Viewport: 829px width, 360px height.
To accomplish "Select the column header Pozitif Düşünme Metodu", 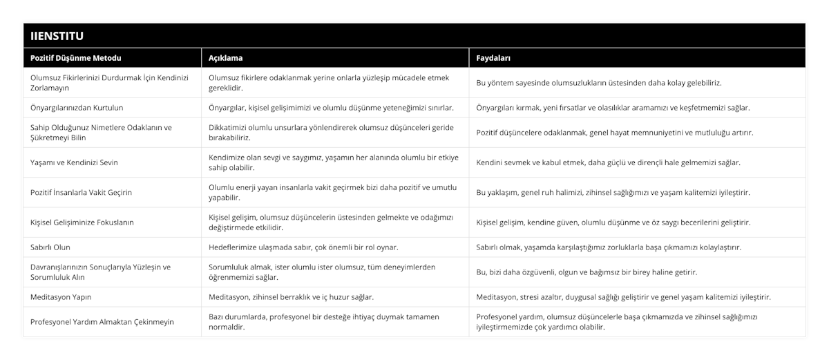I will point(77,58).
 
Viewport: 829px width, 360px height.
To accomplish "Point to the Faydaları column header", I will point(494,58).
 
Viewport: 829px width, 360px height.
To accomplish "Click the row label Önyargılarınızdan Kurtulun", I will point(77,108).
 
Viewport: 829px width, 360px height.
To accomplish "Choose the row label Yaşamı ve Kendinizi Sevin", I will point(75,162).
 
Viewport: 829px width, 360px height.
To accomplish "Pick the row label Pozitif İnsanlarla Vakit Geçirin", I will point(82,192).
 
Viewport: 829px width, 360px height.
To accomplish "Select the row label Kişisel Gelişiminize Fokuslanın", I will point(83,222).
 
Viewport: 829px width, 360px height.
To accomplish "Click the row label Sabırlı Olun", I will point(50,247).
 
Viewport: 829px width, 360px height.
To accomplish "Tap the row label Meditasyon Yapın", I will point(61,297).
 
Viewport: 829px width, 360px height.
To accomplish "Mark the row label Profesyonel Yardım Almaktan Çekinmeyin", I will point(102,322).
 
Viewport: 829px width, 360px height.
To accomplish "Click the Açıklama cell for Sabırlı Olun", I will point(303,247).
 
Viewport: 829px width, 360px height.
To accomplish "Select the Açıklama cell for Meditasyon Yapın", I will point(291,297).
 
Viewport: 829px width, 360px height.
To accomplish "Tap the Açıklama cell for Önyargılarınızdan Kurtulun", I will point(331,108).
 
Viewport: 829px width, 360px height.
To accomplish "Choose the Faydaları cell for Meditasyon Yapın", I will point(624,297).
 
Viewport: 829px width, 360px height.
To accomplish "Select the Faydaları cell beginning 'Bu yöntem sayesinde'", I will point(599,83).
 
